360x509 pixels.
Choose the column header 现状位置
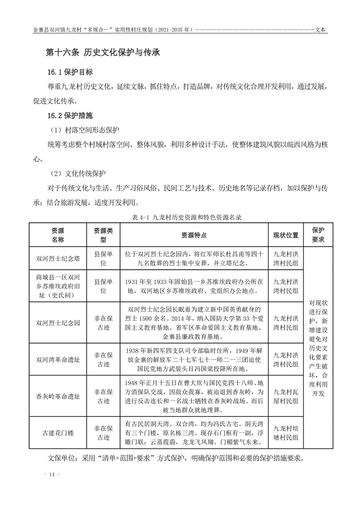(286, 235)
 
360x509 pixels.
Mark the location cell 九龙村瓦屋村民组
(286, 396)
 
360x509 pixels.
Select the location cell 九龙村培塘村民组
(286, 432)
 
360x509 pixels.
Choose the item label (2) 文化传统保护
(78, 173)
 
